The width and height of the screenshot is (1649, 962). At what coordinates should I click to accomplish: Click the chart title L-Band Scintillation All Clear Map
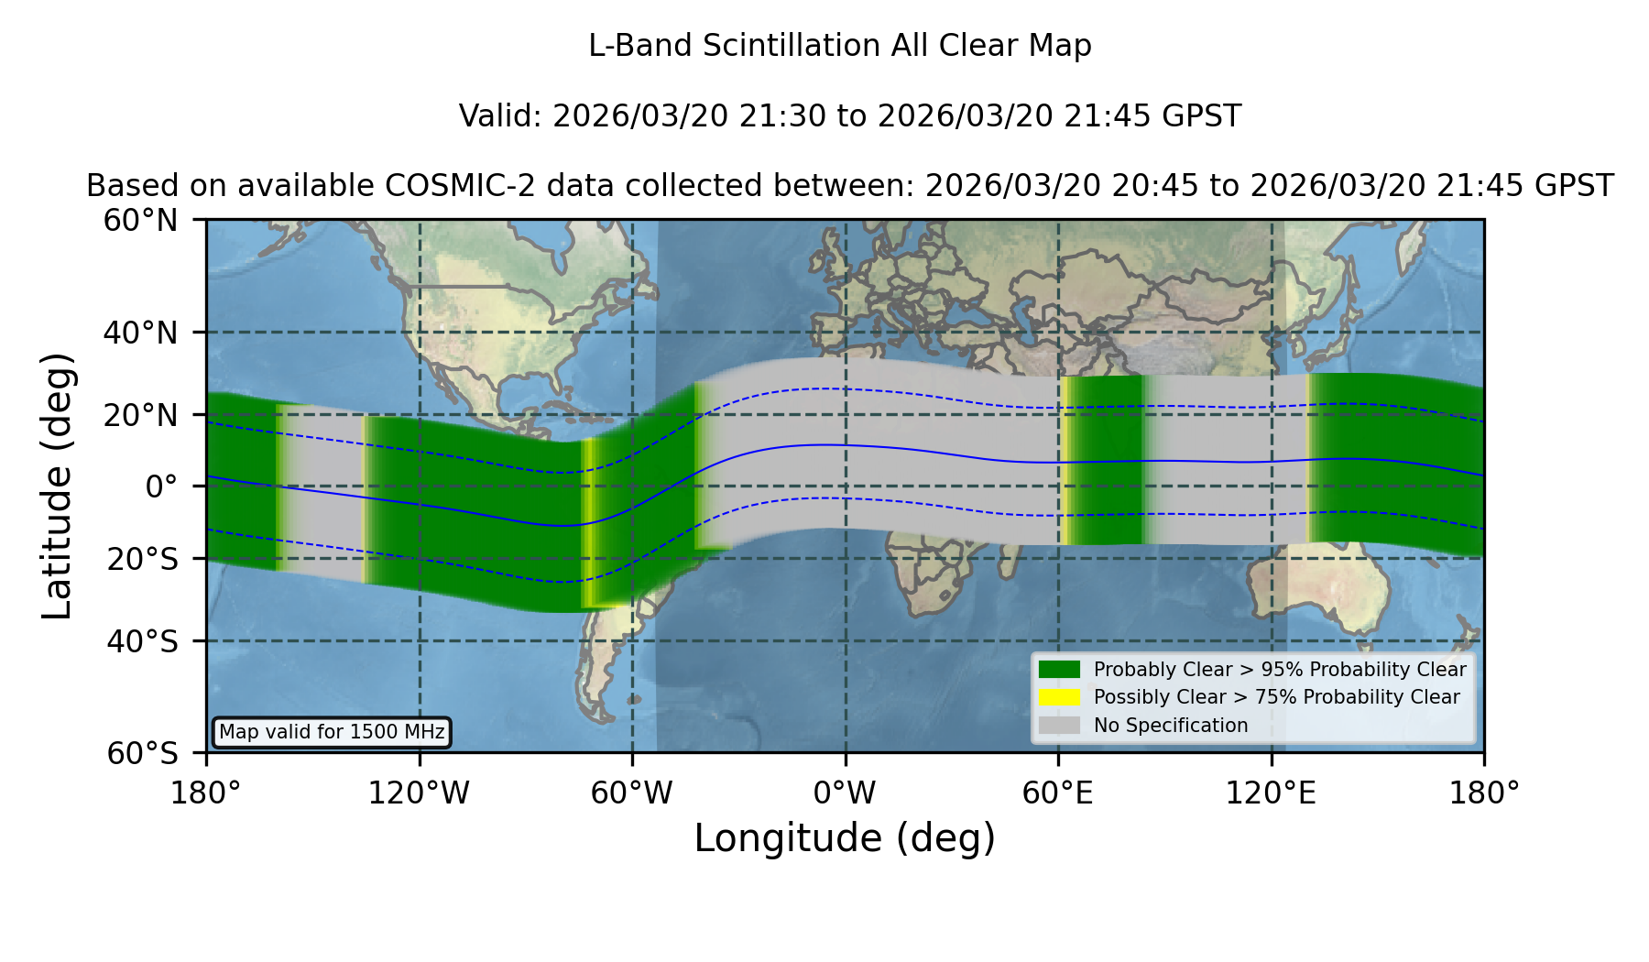click(839, 46)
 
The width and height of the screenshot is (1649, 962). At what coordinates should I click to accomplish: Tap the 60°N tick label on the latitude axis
click(140, 220)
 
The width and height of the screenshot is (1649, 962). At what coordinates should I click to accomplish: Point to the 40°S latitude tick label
click(142, 641)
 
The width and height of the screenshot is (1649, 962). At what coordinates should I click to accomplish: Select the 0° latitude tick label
click(161, 486)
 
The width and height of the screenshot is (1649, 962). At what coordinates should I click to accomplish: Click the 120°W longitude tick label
click(419, 793)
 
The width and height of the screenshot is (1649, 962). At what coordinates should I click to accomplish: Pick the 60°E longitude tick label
click(1058, 793)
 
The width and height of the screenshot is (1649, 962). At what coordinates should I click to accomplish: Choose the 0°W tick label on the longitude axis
click(845, 793)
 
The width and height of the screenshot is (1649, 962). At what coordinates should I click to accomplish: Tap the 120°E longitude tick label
click(1271, 793)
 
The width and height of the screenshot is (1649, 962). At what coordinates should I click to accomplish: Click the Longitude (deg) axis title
click(845, 838)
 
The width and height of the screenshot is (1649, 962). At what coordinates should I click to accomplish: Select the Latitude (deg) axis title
click(58, 486)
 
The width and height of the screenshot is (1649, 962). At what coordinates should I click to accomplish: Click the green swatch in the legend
click(1060, 670)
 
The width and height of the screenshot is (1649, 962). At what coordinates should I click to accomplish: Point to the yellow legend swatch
click(1060, 697)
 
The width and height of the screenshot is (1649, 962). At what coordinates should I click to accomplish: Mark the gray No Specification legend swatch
click(1060, 726)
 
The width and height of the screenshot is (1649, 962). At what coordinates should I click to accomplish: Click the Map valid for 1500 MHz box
click(332, 732)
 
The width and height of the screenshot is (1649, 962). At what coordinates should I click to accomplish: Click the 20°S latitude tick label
click(142, 558)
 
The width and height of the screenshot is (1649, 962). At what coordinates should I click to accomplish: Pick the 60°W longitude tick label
click(632, 793)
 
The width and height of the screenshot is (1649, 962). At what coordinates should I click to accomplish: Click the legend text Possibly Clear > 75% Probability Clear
click(1276, 697)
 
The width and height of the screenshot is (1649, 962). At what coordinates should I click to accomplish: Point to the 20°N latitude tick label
click(140, 415)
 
